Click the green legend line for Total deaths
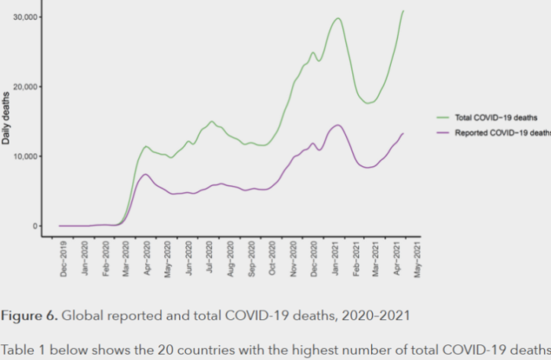coord(443,117)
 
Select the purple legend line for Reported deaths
coord(443,133)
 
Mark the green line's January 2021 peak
coord(338,18)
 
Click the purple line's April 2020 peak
coord(145,174)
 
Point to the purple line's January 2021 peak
coord(338,125)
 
